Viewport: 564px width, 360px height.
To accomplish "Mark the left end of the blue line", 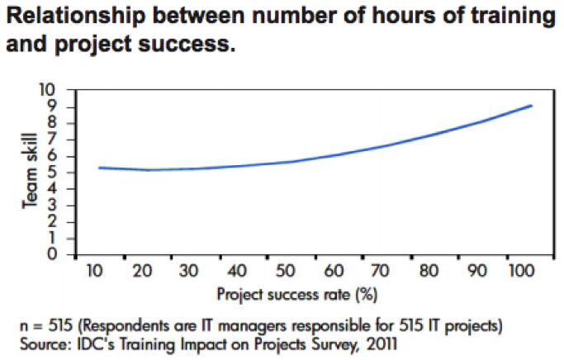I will [x=99, y=168].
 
